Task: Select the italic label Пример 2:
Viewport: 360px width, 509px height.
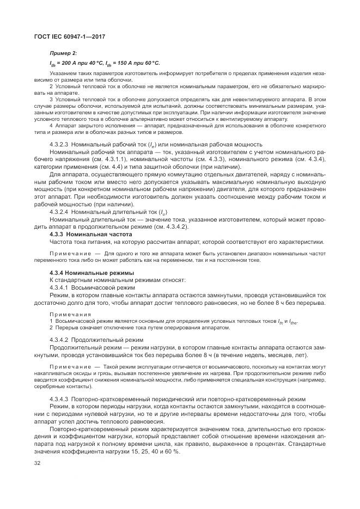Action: (x=63, y=53)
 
